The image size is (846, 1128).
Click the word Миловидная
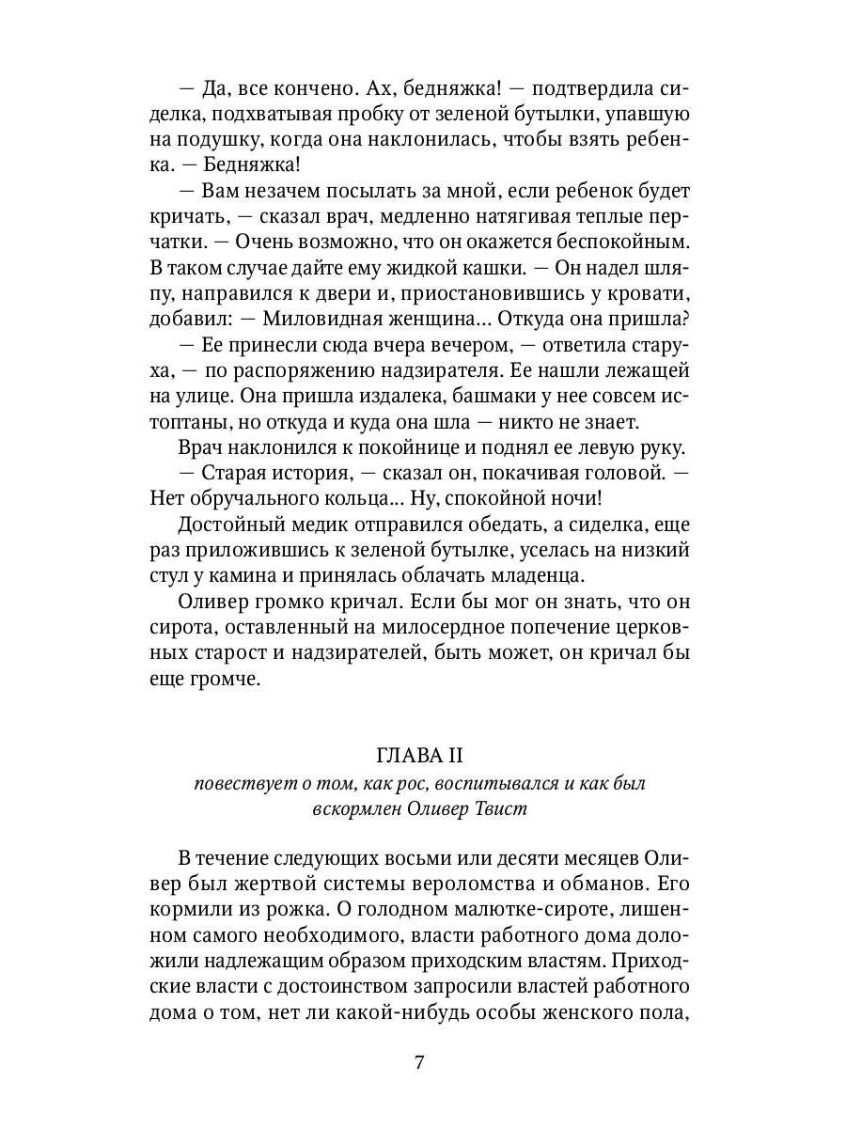[321, 318]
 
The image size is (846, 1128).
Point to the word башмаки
[529, 396]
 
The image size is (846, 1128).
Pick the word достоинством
[328, 986]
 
